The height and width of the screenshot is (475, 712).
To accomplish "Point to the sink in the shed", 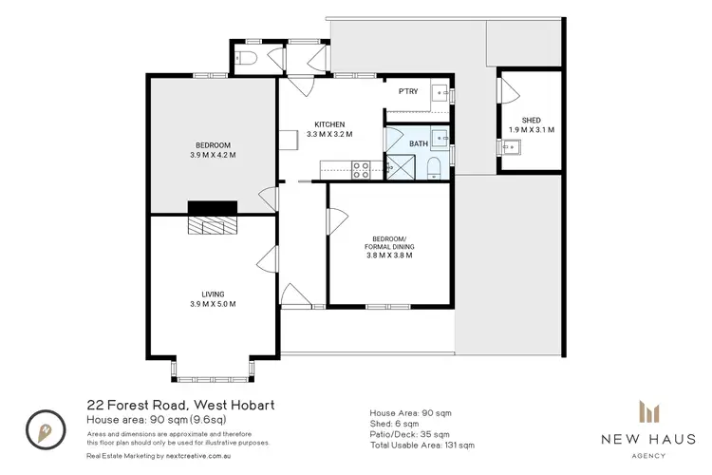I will (512, 146).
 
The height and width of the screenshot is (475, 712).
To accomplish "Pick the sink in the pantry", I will (440, 93).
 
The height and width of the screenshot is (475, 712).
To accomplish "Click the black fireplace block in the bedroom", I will (212, 209).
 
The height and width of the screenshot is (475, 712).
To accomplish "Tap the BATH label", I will (419, 143).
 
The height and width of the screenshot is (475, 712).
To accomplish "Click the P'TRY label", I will (408, 91).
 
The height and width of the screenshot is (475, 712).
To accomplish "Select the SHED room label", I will (531, 120).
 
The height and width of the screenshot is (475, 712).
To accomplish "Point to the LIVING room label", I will (213, 294).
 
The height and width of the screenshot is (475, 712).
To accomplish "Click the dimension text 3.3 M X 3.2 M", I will (329, 135).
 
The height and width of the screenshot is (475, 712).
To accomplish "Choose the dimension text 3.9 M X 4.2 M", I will (212, 155).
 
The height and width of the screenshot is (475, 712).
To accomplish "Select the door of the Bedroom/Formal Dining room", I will (333, 220).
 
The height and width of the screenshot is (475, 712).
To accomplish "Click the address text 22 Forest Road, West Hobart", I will (180, 405).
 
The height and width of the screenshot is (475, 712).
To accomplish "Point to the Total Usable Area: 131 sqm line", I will (422, 445).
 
